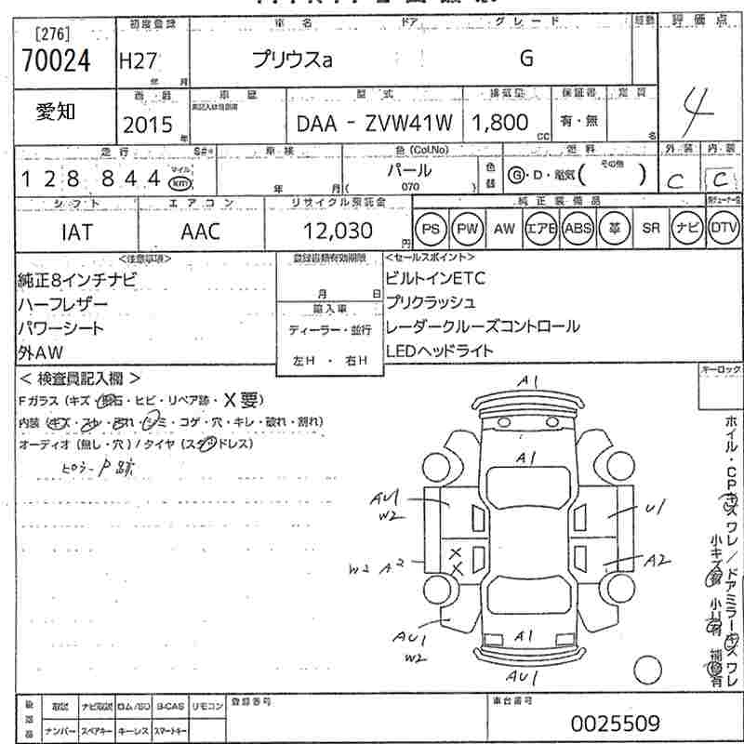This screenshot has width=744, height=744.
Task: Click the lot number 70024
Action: click(57, 61)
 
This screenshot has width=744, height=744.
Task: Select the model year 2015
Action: click(148, 125)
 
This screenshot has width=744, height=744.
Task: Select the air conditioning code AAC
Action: click(200, 232)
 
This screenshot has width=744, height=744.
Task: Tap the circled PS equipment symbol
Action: click(429, 229)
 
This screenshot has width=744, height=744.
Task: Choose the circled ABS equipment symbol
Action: click(578, 229)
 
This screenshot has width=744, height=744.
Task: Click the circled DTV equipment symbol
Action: click(724, 229)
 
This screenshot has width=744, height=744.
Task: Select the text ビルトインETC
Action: click(434, 278)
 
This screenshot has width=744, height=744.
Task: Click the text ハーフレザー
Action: click(62, 304)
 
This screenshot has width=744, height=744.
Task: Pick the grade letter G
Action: click(526, 59)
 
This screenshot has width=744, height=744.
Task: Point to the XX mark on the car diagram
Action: click(456, 560)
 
